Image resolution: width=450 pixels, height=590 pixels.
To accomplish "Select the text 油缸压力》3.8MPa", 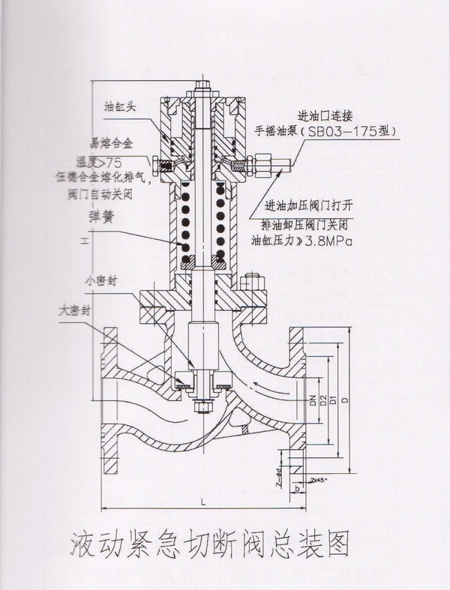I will (301, 241).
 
